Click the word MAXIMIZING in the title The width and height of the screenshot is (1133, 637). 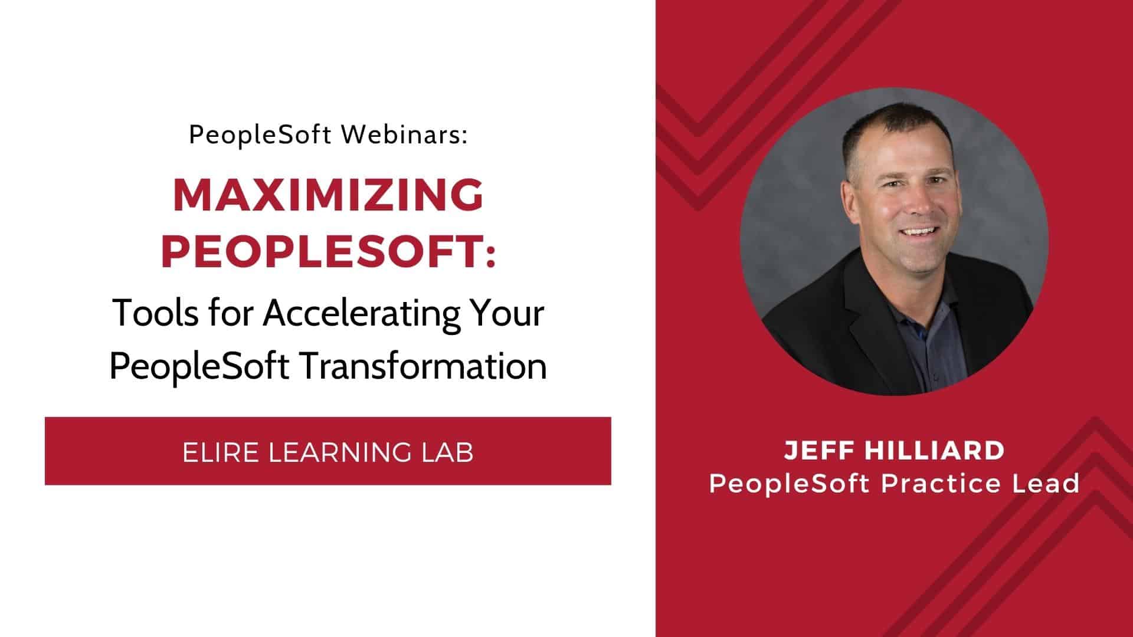coord(328,195)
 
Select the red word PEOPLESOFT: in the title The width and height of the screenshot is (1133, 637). coord(328,251)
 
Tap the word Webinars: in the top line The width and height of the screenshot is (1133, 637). coord(404,136)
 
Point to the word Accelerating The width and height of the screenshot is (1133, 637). coord(361,313)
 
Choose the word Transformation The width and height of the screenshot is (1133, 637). coord(423,366)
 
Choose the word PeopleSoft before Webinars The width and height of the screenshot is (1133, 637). coord(260,136)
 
